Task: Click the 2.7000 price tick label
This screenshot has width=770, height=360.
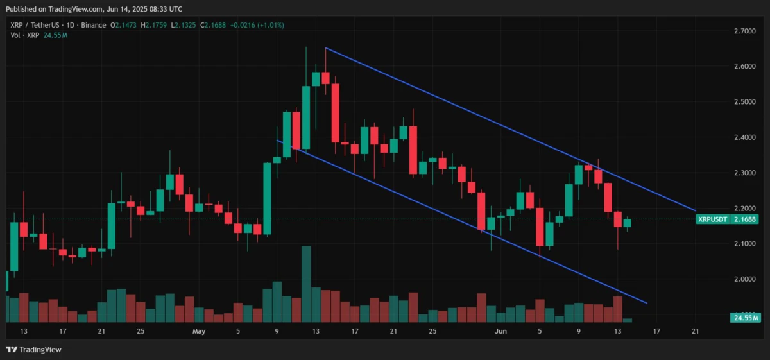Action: tap(744, 31)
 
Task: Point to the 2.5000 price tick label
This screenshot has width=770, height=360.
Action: tap(744, 102)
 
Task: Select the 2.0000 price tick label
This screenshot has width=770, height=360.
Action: tap(744, 279)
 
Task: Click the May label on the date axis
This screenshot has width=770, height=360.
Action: tap(199, 332)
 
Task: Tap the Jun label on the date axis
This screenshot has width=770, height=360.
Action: tap(501, 332)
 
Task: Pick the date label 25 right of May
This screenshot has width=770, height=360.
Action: tap(432, 332)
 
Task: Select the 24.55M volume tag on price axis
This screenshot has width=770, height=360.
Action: tap(744, 318)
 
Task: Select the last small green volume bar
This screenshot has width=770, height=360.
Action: tap(627, 320)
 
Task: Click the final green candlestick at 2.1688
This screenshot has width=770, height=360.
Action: tap(627, 223)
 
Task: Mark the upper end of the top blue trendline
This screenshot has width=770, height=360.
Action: tap(326, 48)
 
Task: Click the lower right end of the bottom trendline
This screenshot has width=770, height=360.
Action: tap(647, 303)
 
